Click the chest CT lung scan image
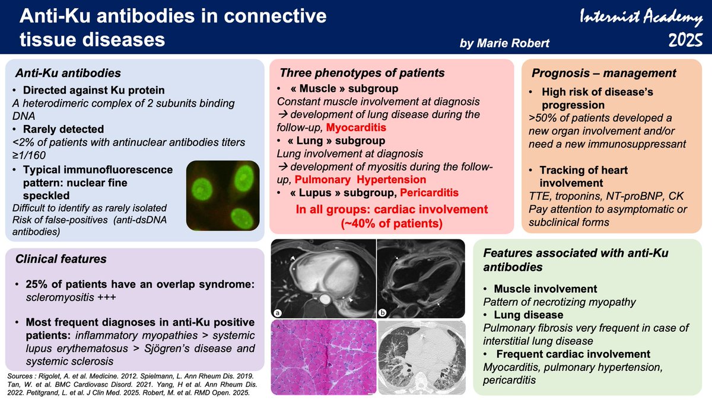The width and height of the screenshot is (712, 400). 421,357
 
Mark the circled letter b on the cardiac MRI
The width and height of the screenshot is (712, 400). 383,312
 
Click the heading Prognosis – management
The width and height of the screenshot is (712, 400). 603,73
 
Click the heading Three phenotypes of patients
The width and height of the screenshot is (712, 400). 362,73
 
